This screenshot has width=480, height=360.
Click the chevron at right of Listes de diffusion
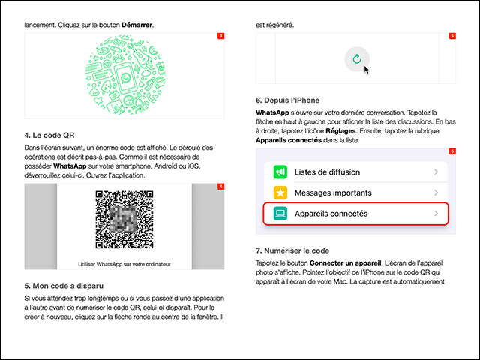436,172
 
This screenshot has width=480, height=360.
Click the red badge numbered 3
220,36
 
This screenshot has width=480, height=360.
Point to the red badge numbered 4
220,186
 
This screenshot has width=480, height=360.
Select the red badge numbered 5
452,36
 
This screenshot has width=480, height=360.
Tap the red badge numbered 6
452,151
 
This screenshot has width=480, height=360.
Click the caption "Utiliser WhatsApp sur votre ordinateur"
124,263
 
